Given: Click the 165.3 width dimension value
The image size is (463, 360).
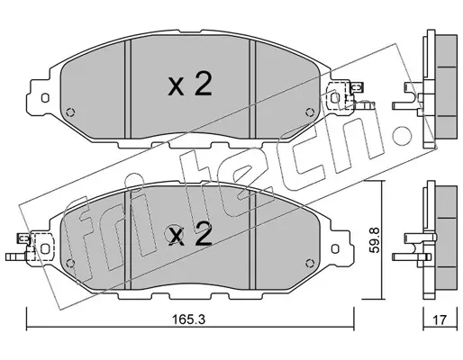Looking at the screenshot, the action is point(188,319).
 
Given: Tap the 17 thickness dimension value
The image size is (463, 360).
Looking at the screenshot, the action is point(440,319).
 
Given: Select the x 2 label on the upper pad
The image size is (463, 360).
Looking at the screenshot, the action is point(190,85).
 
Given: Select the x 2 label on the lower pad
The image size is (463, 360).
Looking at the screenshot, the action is point(190,234).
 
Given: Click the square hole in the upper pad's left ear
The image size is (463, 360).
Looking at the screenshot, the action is point(45,98).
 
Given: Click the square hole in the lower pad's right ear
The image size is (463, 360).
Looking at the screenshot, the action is point(335,248).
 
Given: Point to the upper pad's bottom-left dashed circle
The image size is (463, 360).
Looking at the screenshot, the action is point(70,112).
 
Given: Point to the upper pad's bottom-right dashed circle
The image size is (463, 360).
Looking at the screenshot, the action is point(309,112).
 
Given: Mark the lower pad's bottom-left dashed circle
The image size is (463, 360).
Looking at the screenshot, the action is point(70,263).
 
